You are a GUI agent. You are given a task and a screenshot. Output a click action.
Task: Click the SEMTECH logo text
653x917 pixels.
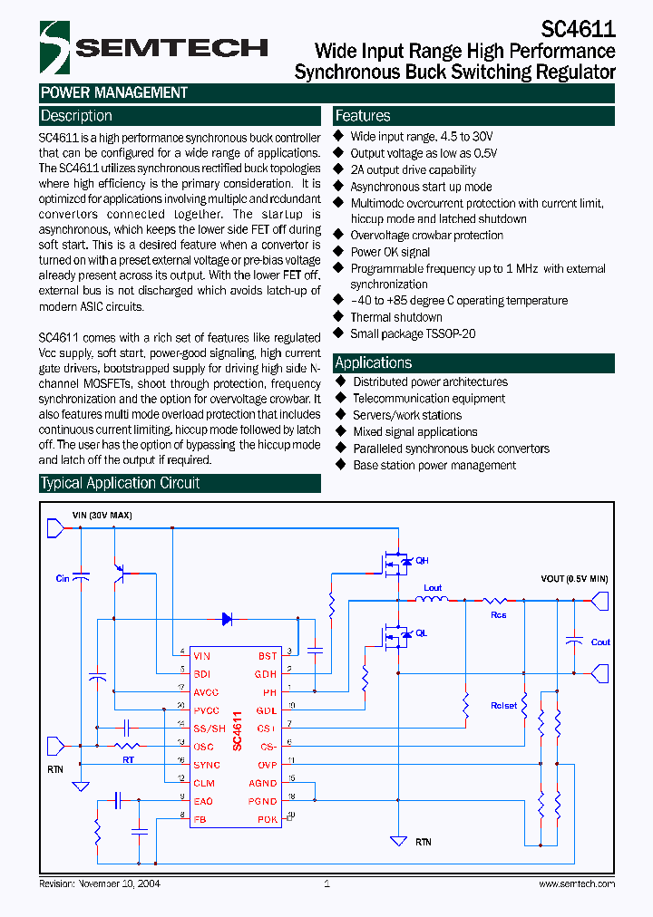(171, 48)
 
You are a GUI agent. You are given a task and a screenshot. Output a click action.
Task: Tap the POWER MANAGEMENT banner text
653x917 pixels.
(114, 92)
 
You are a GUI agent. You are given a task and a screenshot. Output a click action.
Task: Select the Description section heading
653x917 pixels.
(76, 116)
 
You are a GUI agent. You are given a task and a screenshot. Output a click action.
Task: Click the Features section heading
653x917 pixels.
(363, 116)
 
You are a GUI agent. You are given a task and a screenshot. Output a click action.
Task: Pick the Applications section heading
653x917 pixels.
(374, 362)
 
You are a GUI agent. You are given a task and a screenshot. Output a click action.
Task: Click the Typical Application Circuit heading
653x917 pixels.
(120, 483)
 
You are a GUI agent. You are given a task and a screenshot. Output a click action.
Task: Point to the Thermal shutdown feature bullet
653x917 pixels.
(396, 317)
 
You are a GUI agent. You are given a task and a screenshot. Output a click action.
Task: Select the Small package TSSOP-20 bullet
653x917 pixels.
(413, 333)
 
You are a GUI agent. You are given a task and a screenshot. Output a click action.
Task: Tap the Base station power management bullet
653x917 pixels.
(434, 465)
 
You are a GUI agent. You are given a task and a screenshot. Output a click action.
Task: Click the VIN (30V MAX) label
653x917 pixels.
(102, 515)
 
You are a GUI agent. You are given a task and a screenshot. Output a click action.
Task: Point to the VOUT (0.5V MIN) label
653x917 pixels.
(574, 578)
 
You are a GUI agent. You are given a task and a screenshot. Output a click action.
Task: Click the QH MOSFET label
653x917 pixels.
(422, 561)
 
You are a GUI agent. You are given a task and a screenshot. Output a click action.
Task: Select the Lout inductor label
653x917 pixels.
(433, 588)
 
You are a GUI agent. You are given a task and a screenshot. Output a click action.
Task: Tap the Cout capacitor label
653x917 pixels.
(600, 642)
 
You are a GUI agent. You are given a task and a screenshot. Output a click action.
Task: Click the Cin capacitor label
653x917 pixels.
(63, 578)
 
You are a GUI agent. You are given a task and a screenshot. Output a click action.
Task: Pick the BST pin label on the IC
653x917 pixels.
(268, 656)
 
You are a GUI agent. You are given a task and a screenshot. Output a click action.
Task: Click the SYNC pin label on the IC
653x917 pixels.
(206, 765)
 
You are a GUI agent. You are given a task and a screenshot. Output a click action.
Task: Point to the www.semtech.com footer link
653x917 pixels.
(577, 883)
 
